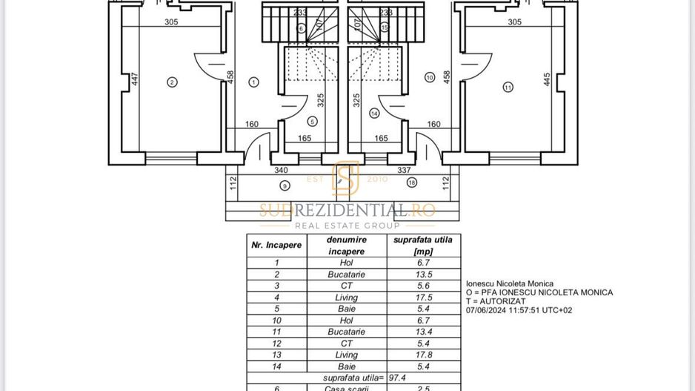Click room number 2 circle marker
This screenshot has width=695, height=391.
point(172,82)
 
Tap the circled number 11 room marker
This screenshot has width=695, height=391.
point(508,87)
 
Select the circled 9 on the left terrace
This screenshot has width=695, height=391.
point(285,185)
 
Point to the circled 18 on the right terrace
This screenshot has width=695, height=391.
point(411,182)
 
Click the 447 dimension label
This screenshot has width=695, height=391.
point(135,79)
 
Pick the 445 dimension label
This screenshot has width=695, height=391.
point(547,79)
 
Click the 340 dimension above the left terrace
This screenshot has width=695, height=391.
point(281,170)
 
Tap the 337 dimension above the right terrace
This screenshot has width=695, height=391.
point(405,170)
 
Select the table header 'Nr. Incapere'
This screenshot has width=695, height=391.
point(276,245)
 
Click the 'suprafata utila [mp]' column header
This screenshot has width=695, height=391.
point(423,245)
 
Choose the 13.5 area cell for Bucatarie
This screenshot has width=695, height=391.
point(423,274)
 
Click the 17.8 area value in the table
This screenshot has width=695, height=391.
point(423,355)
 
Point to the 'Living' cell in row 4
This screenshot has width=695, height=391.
point(346,297)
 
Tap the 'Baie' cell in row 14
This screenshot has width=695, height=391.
point(346,367)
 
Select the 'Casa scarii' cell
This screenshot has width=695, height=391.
point(346,388)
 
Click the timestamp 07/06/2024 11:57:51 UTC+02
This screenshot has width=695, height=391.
point(519,310)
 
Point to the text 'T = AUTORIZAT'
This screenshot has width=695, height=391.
point(496,301)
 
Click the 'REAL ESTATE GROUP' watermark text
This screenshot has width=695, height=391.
point(347,226)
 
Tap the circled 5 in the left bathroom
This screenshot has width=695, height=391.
point(312,121)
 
